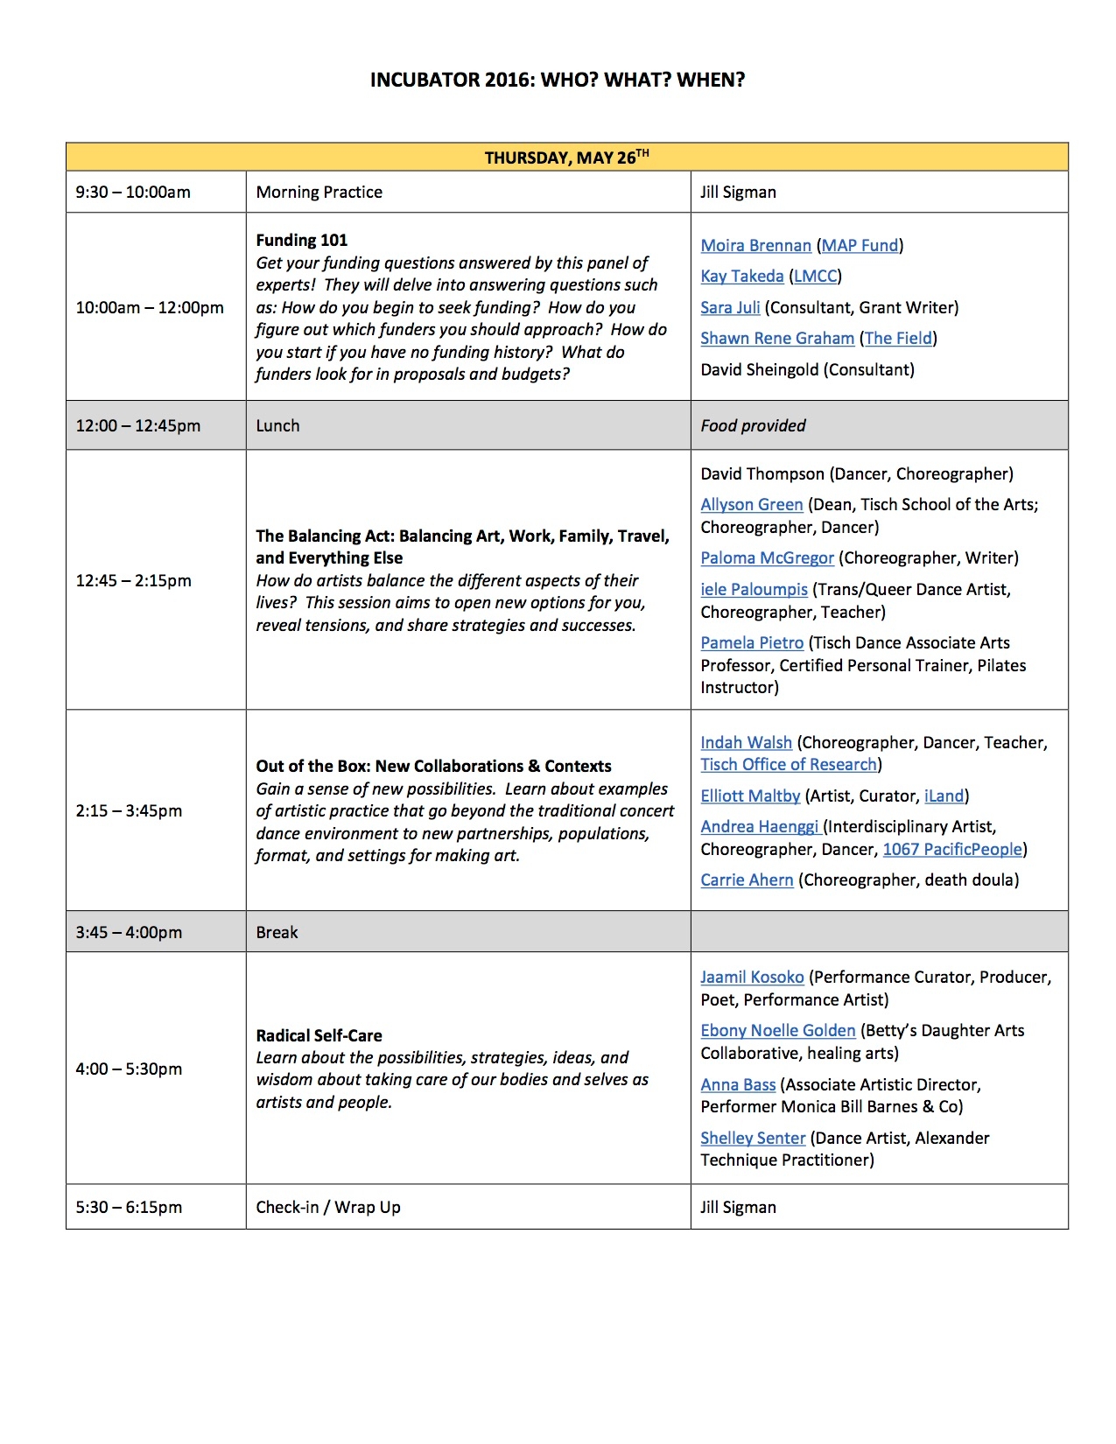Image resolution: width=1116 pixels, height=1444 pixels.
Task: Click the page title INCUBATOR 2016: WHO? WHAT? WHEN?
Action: pyautogui.click(x=558, y=81)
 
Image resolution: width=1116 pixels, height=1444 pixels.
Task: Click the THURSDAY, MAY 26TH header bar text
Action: pyautogui.click(x=566, y=158)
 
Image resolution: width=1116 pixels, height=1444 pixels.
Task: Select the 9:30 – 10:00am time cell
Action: pyautogui.click(x=133, y=193)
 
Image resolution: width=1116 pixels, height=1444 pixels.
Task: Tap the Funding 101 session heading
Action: pyautogui.click(x=302, y=241)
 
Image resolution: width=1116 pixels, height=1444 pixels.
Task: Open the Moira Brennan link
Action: pyautogui.click(x=755, y=246)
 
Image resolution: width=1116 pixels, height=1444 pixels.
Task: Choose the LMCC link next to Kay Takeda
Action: pyautogui.click(x=815, y=277)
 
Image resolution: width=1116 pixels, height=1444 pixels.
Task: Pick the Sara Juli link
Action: pyautogui.click(x=730, y=308)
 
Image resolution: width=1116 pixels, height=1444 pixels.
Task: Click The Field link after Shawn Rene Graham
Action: pyautogui.click(x=898, y=339)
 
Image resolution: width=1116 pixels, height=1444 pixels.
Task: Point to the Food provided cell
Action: pyautogui.click(x=753, y=426)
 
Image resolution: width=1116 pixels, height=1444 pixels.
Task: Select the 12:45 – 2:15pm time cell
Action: pyautogui.click(x=133, y=581)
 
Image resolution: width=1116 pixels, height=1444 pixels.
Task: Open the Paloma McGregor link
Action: pyautogui.click(x=767, y=558)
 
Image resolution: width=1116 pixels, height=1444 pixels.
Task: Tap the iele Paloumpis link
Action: pyautogui.click(x=754, y=590)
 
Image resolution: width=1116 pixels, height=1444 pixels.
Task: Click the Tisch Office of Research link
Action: pyautogui.click(x=789, y=765)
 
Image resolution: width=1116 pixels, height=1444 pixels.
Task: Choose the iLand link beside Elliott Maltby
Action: pyautogui.click(x=944, y=796)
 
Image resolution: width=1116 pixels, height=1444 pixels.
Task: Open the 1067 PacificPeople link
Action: pyautogui.click(x=952, y=850)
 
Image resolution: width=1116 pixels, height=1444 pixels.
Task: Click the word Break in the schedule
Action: pyautogui.click(x=277, y=933)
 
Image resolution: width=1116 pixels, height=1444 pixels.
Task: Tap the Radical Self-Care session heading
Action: pyautogui.click(x=319, y=1036)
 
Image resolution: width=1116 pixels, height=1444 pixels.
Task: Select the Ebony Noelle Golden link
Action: pyautogui.click(x=777, y=1031)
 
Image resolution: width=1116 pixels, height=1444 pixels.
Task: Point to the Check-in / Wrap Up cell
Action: pyautogui.click(x=328, y=1208)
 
